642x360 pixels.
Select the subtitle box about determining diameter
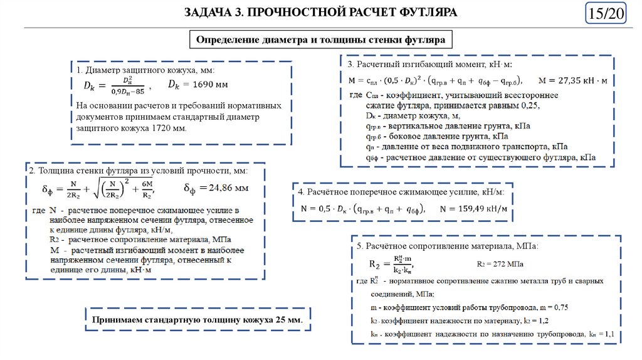coord(320,40)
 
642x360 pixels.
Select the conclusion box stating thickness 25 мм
coord(197,320)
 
